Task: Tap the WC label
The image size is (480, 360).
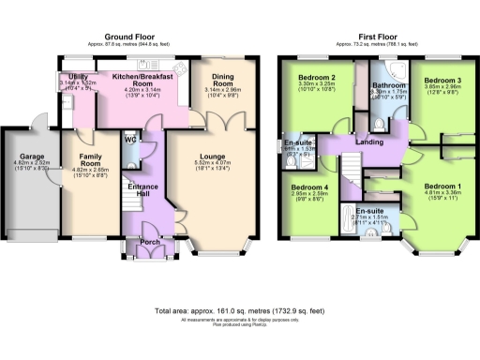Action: [130, 142]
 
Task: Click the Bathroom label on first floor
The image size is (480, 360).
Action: [387, 82]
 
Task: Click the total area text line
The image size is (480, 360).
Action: [239, 308]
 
